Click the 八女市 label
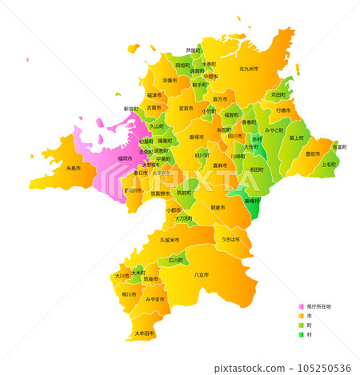201,275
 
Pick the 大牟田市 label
144,333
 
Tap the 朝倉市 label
218,207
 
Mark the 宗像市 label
170,81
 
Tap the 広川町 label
175,261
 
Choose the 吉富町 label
339,147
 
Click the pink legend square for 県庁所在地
301,306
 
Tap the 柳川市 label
128,294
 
